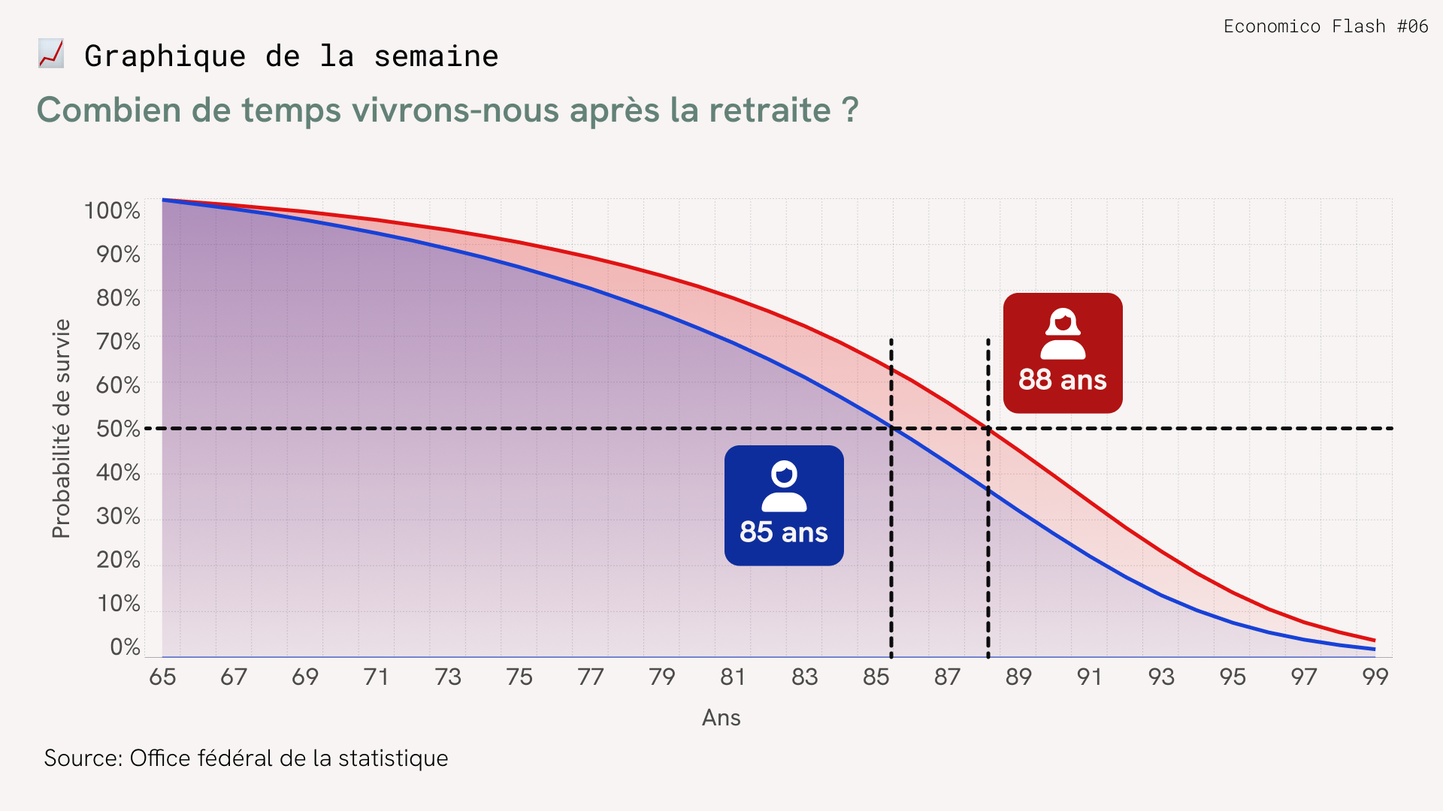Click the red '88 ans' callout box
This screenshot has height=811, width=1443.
click(1062, 353)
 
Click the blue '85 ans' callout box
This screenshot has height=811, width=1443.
click(784, 505)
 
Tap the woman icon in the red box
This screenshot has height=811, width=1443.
click(1063, 333)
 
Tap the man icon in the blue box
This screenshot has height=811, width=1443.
click(784, 486)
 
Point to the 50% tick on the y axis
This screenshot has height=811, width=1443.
click(118, 429)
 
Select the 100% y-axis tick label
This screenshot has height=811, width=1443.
click(112, 211)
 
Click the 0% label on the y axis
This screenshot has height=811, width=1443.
click(125, 647)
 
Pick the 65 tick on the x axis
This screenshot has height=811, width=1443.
click(162, 677)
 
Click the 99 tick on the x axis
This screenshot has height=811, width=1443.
click(1375, 677)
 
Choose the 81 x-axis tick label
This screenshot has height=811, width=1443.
click(733, 677)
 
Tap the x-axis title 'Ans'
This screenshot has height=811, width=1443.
click(721, 718)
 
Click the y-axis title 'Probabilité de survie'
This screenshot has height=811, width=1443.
click(61, 429)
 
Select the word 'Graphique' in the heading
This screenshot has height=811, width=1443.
click(165, 56)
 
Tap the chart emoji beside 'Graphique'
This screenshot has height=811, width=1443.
click(51, 54)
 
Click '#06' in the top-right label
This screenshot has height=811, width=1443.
click(1412, 26)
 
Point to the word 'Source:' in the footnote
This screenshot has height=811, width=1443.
click(83, 758)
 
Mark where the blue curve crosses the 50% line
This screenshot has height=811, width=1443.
click(892, 429)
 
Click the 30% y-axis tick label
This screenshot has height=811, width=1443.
click(118, 516)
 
